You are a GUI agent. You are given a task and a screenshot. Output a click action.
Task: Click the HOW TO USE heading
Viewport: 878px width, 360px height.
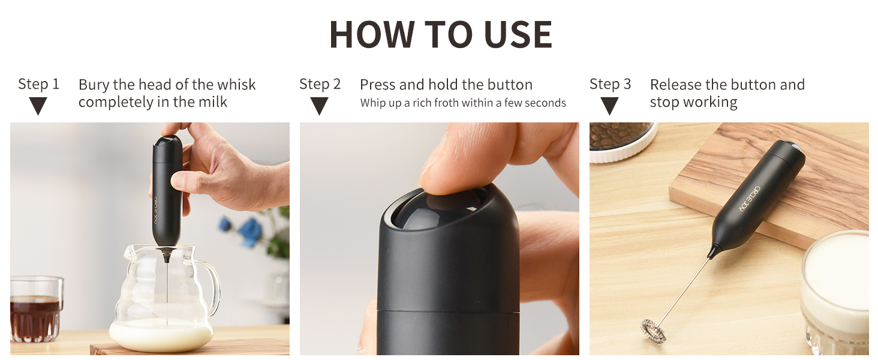click(441, 34)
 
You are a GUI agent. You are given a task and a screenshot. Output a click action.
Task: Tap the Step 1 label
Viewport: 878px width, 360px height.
click(38, 84)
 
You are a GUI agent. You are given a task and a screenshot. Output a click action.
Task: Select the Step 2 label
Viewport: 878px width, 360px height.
click(320, 84)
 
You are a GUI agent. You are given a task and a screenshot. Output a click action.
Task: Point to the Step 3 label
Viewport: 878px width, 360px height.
click(611, 84)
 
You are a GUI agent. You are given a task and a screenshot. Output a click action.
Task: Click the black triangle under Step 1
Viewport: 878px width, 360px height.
click(38, 106)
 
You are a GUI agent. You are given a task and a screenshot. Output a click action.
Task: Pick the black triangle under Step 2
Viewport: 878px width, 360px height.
click(320, 106)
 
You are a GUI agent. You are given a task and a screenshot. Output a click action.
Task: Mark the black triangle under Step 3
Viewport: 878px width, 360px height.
click(609, 106)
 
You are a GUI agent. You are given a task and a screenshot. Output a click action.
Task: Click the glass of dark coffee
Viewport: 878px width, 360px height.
click(36, 309)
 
